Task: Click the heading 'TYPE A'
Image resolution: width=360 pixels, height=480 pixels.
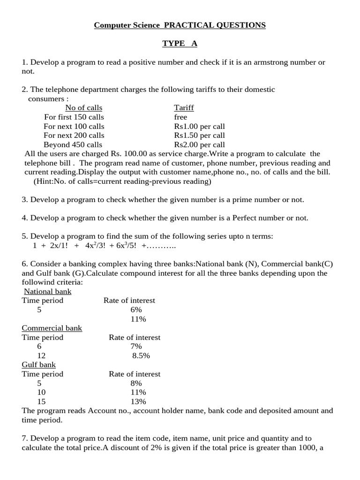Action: (180, 44)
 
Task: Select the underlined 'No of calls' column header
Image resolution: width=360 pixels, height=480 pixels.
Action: (83, 108)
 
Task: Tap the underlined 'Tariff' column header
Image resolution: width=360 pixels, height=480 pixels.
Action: (184, 108)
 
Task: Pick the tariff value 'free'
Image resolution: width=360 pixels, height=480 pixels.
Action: (180, 117)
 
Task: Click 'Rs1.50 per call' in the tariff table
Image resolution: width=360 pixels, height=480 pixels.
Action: (199, 135)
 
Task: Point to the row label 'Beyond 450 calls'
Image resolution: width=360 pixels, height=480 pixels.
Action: (73, 145)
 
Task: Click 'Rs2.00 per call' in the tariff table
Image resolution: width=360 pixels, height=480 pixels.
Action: (199, 145)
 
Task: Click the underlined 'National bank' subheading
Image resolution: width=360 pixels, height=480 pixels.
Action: (47, 291)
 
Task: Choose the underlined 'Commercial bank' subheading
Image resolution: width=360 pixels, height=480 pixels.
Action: (52, 328)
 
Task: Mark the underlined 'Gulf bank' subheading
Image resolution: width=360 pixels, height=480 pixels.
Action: (39, 365)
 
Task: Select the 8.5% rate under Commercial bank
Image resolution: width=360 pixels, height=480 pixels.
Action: (141, 356)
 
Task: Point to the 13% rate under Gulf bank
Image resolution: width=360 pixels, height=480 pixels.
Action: (139, 402)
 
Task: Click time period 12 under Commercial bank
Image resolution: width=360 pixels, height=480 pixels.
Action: (41, 356)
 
